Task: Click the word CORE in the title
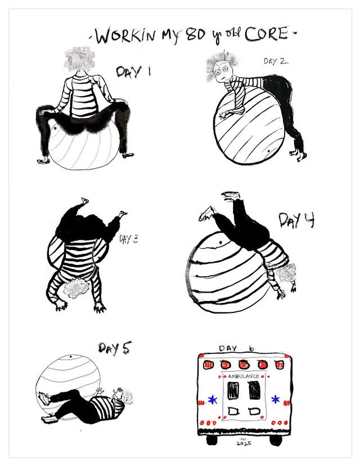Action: pos(266,33)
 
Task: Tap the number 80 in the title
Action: pos(196,35)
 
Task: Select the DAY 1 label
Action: pos(133,71)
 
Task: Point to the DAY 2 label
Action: pos(276,61)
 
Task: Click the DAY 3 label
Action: pos(129,239)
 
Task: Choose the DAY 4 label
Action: pos(296,220)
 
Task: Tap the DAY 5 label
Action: pos(115,348)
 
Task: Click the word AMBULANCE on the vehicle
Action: pos(244,377)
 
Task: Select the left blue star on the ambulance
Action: pos(213,400)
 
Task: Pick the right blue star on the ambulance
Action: pos(276,399)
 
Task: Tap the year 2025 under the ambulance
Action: pos(244,443)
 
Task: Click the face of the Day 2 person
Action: pos(222,71)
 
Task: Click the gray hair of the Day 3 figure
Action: pos(76,288)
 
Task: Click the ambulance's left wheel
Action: pos(210,440)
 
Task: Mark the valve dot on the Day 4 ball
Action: pos(220,243)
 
